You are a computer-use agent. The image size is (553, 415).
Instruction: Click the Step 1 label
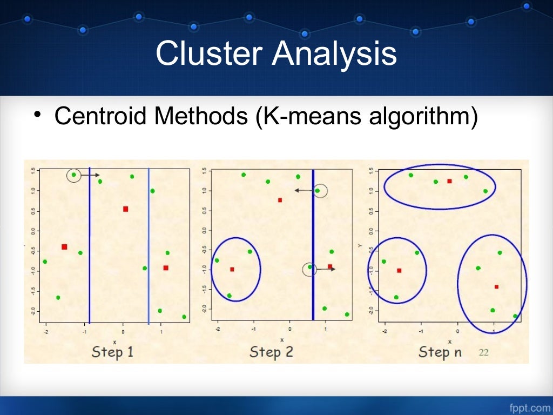pyautogui.click(x=112, y=352)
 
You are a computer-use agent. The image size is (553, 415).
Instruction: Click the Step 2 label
pyautogui.click(x=271, y=352)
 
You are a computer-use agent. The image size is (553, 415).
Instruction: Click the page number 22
pyautogui.click(x=484, y=352)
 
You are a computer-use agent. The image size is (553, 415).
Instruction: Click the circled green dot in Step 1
pyautogui.click(x=74, y=175)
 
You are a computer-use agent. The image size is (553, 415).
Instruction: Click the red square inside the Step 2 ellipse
pyautogui.click(x=232, y=269)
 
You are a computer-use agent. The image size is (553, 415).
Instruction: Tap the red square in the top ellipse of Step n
pyautogui.click(x=449, y=181)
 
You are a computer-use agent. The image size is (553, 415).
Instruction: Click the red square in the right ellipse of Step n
pyautogui.click(x=496, y=287)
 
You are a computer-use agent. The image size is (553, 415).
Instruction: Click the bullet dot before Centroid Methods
pyautogui.click(x=36, y=115)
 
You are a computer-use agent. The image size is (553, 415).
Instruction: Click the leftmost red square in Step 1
pyautogui.click(x=64, y=247)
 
